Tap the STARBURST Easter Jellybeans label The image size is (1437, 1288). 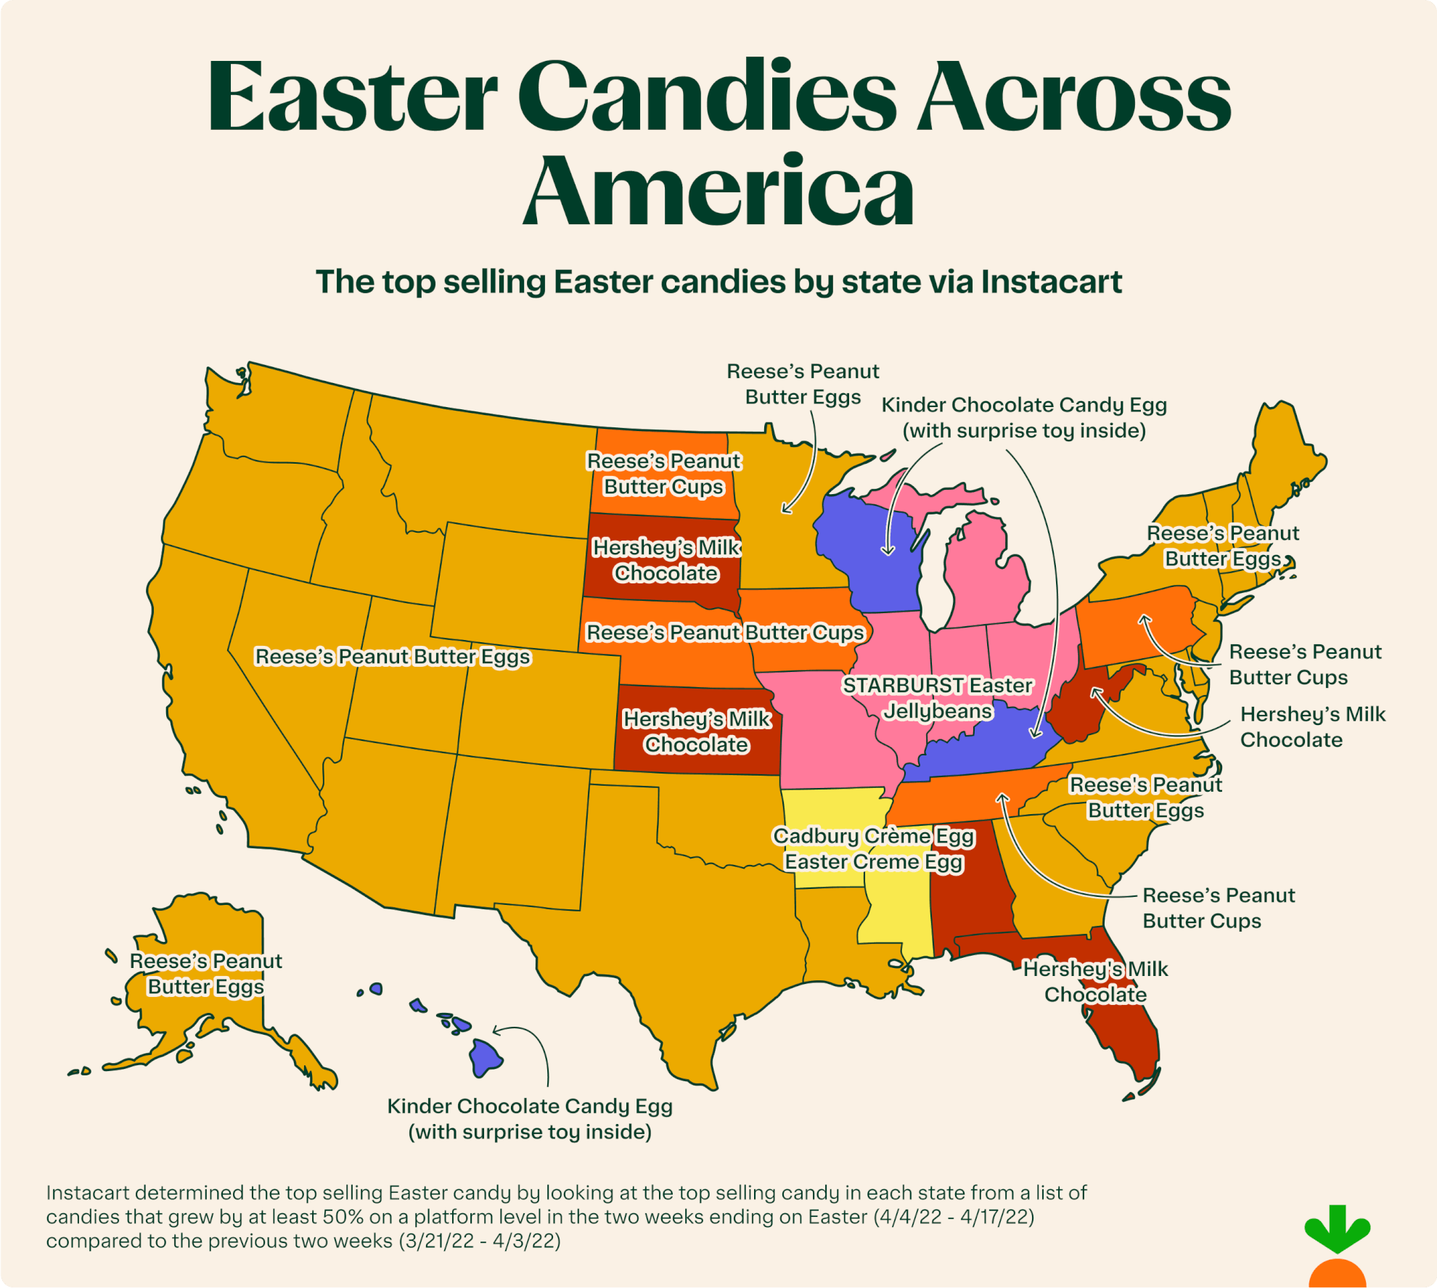tap(937, 698)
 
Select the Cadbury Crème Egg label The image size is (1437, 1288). tap(874, 837)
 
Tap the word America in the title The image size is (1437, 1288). tap(718, 190)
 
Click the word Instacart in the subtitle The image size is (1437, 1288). tap(1051, 282)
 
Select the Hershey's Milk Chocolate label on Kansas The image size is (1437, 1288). tap(697, 731)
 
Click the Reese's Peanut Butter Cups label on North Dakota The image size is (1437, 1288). tap(663, 474)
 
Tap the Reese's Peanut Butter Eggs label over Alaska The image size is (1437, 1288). tap(205, 974)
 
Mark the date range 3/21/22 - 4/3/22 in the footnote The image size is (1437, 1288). tap(480, 1241)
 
